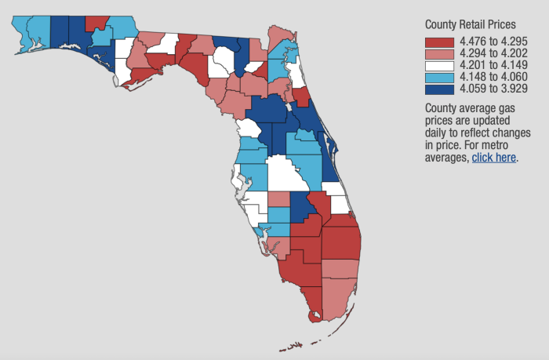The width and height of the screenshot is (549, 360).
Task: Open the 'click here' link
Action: point(493,157)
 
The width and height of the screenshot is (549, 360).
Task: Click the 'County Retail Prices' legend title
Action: point(471,24)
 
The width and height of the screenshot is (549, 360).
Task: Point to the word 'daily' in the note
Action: point(436,133)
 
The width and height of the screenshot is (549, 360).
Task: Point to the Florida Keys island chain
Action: point(294,344)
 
